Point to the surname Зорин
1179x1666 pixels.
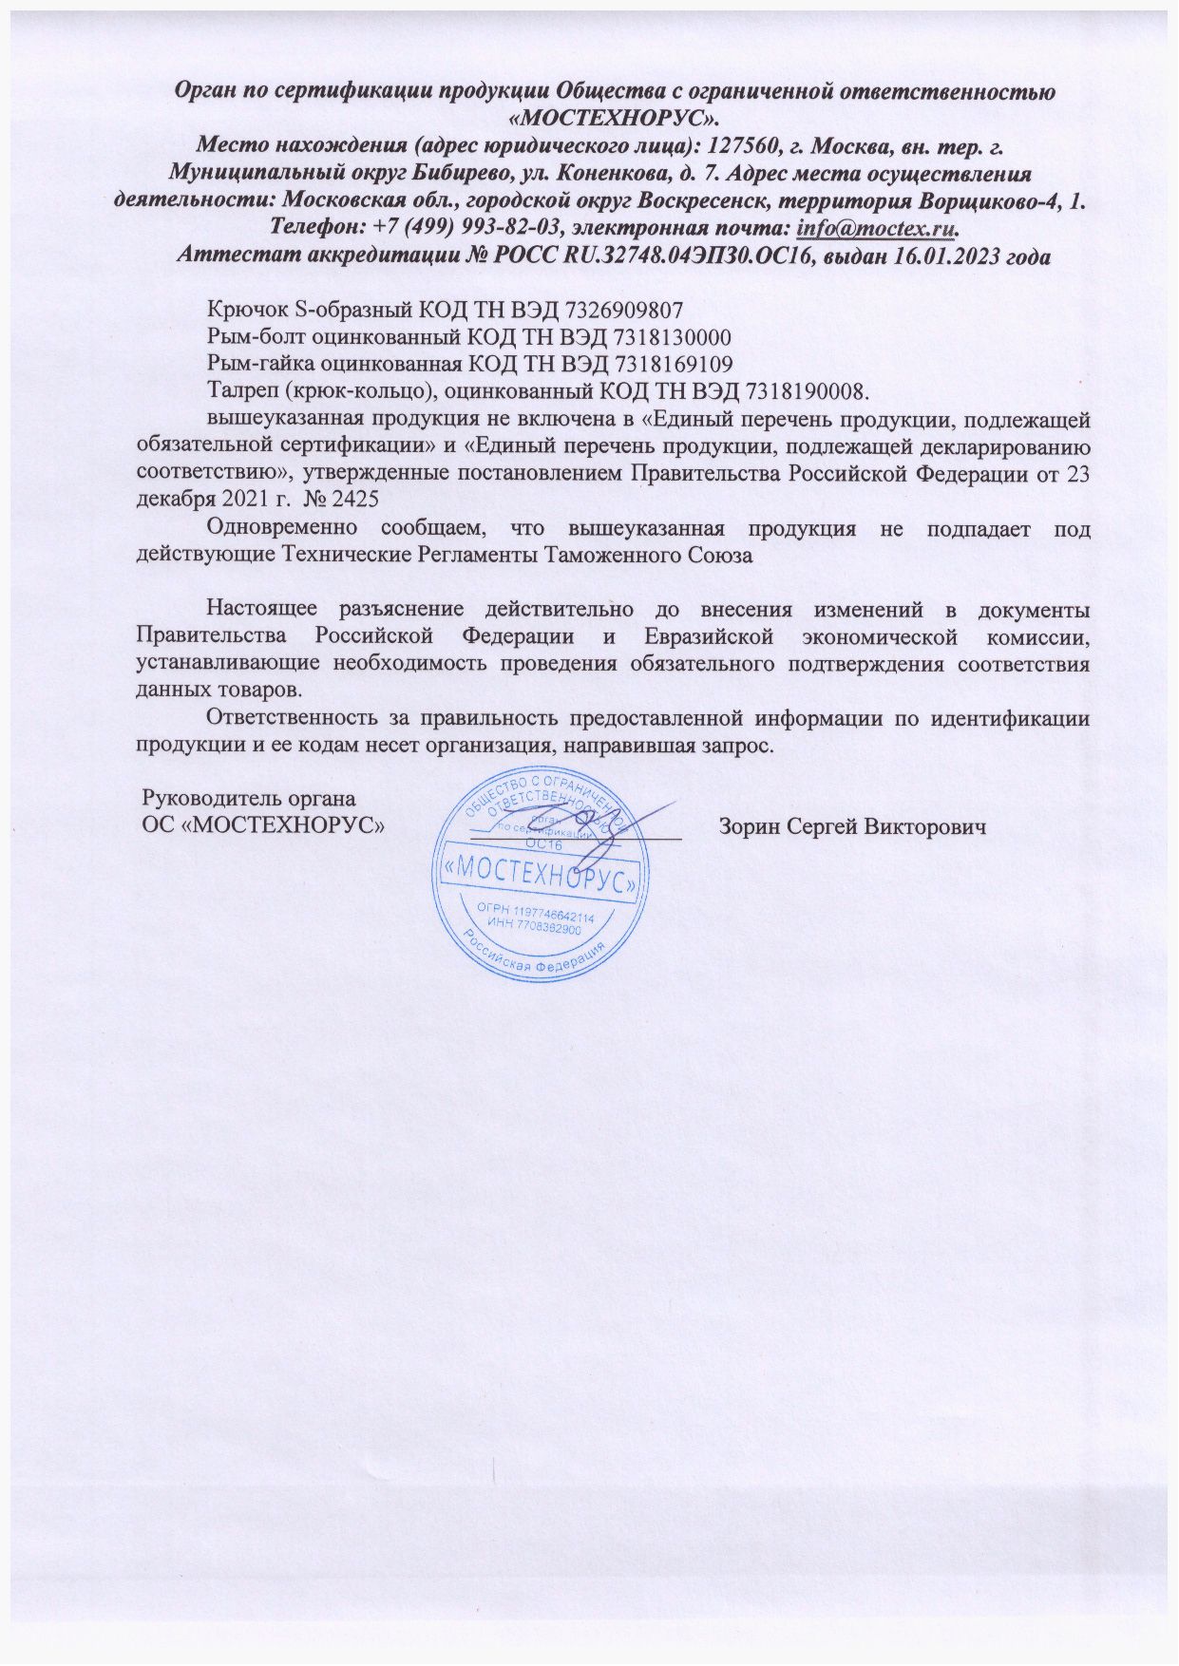coord(750,825)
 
